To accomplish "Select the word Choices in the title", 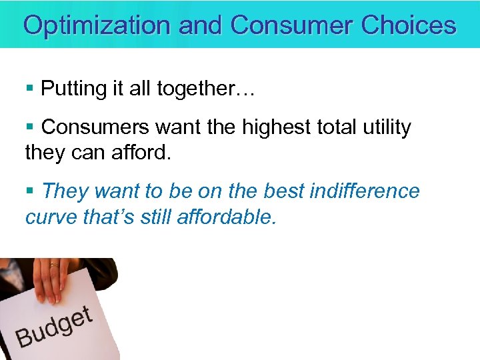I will [409, 25].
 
